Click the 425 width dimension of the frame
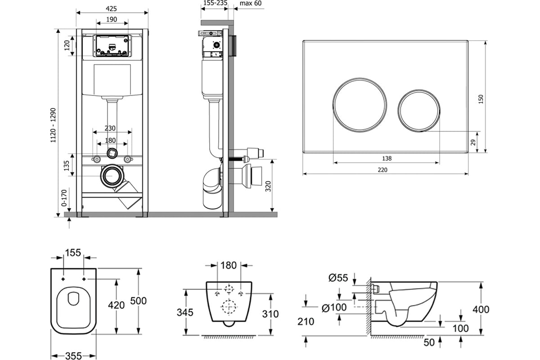111,9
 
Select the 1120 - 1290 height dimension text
53,125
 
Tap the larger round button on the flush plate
360,105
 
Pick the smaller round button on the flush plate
419,111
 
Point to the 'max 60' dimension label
251,4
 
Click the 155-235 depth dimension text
215,3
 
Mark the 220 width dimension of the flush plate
382,170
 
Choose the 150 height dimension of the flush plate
481,99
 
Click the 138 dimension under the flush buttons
387,158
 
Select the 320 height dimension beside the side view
268,186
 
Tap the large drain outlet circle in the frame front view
112,176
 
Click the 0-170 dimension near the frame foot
64,198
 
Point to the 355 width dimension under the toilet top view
73,356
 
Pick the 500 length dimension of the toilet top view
139,301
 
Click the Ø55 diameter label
338,278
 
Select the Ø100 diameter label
334,308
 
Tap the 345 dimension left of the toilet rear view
185,312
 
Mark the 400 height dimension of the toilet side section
481,310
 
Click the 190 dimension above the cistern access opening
112,19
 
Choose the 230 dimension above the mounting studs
110,128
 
